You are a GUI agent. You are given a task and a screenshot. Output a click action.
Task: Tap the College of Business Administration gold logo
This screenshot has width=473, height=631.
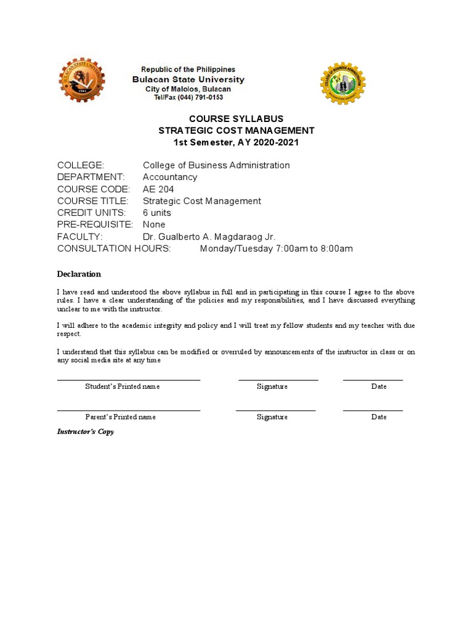[343, 83]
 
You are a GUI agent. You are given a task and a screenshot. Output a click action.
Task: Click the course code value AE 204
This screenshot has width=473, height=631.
[158, 189]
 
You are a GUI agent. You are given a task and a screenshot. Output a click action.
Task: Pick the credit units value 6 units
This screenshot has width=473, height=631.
[157, 213]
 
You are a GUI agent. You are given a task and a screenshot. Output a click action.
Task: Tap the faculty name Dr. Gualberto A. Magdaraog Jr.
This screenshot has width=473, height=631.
[209, 237]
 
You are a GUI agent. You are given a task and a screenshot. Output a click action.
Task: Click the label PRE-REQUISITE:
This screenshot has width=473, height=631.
[95, 224]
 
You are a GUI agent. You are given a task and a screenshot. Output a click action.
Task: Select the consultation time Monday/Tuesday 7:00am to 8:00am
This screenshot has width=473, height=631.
[276, 248]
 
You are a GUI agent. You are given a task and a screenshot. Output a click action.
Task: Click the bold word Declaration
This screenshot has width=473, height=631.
[79, 274]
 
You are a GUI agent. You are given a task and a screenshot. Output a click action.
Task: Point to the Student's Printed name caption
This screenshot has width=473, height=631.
[123, 386]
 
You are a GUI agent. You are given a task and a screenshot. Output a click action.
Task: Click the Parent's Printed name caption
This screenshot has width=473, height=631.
[121, 417]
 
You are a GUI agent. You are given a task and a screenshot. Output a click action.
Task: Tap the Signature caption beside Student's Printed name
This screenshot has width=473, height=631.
[272, 386]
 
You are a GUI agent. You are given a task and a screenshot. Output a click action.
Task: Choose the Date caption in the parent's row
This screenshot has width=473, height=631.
[379, 417]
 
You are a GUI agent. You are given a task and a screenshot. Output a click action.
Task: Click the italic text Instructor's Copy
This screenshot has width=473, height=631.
[86, 432]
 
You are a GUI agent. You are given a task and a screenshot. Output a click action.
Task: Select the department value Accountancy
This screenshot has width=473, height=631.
[170, 177]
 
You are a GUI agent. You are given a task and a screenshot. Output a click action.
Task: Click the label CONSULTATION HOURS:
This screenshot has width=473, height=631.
[113, 248]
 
